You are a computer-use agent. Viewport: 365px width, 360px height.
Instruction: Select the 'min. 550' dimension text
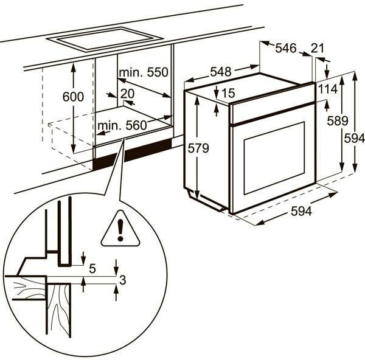click(x=143, y=73)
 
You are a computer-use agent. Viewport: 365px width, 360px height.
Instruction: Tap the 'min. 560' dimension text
click(x=122, y=126)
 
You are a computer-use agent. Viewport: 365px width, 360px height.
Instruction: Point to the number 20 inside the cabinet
click(x=127, y=93)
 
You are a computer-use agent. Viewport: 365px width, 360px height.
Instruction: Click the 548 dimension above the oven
click(x=220, y=72)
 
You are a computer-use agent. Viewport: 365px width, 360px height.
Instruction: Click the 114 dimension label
click(x=327, y=89)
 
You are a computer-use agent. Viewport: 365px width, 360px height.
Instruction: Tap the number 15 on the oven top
click(x=228, y=93)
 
